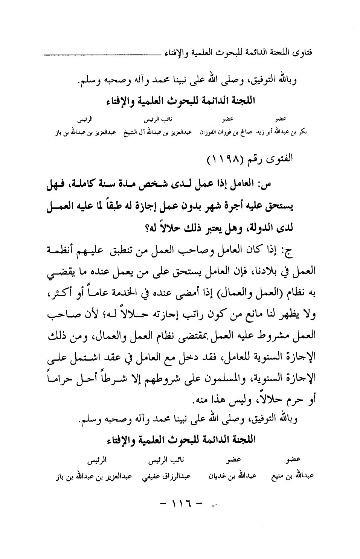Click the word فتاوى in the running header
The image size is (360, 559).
coord(306,50)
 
